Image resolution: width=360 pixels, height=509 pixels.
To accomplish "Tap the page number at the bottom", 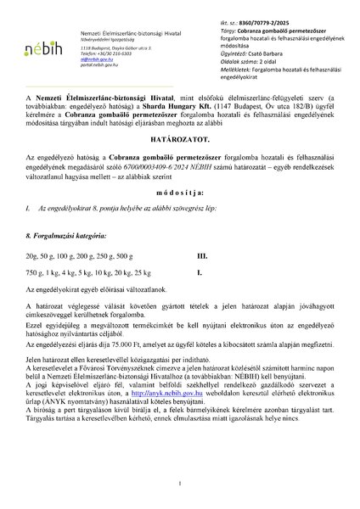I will (x=180, y=484).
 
